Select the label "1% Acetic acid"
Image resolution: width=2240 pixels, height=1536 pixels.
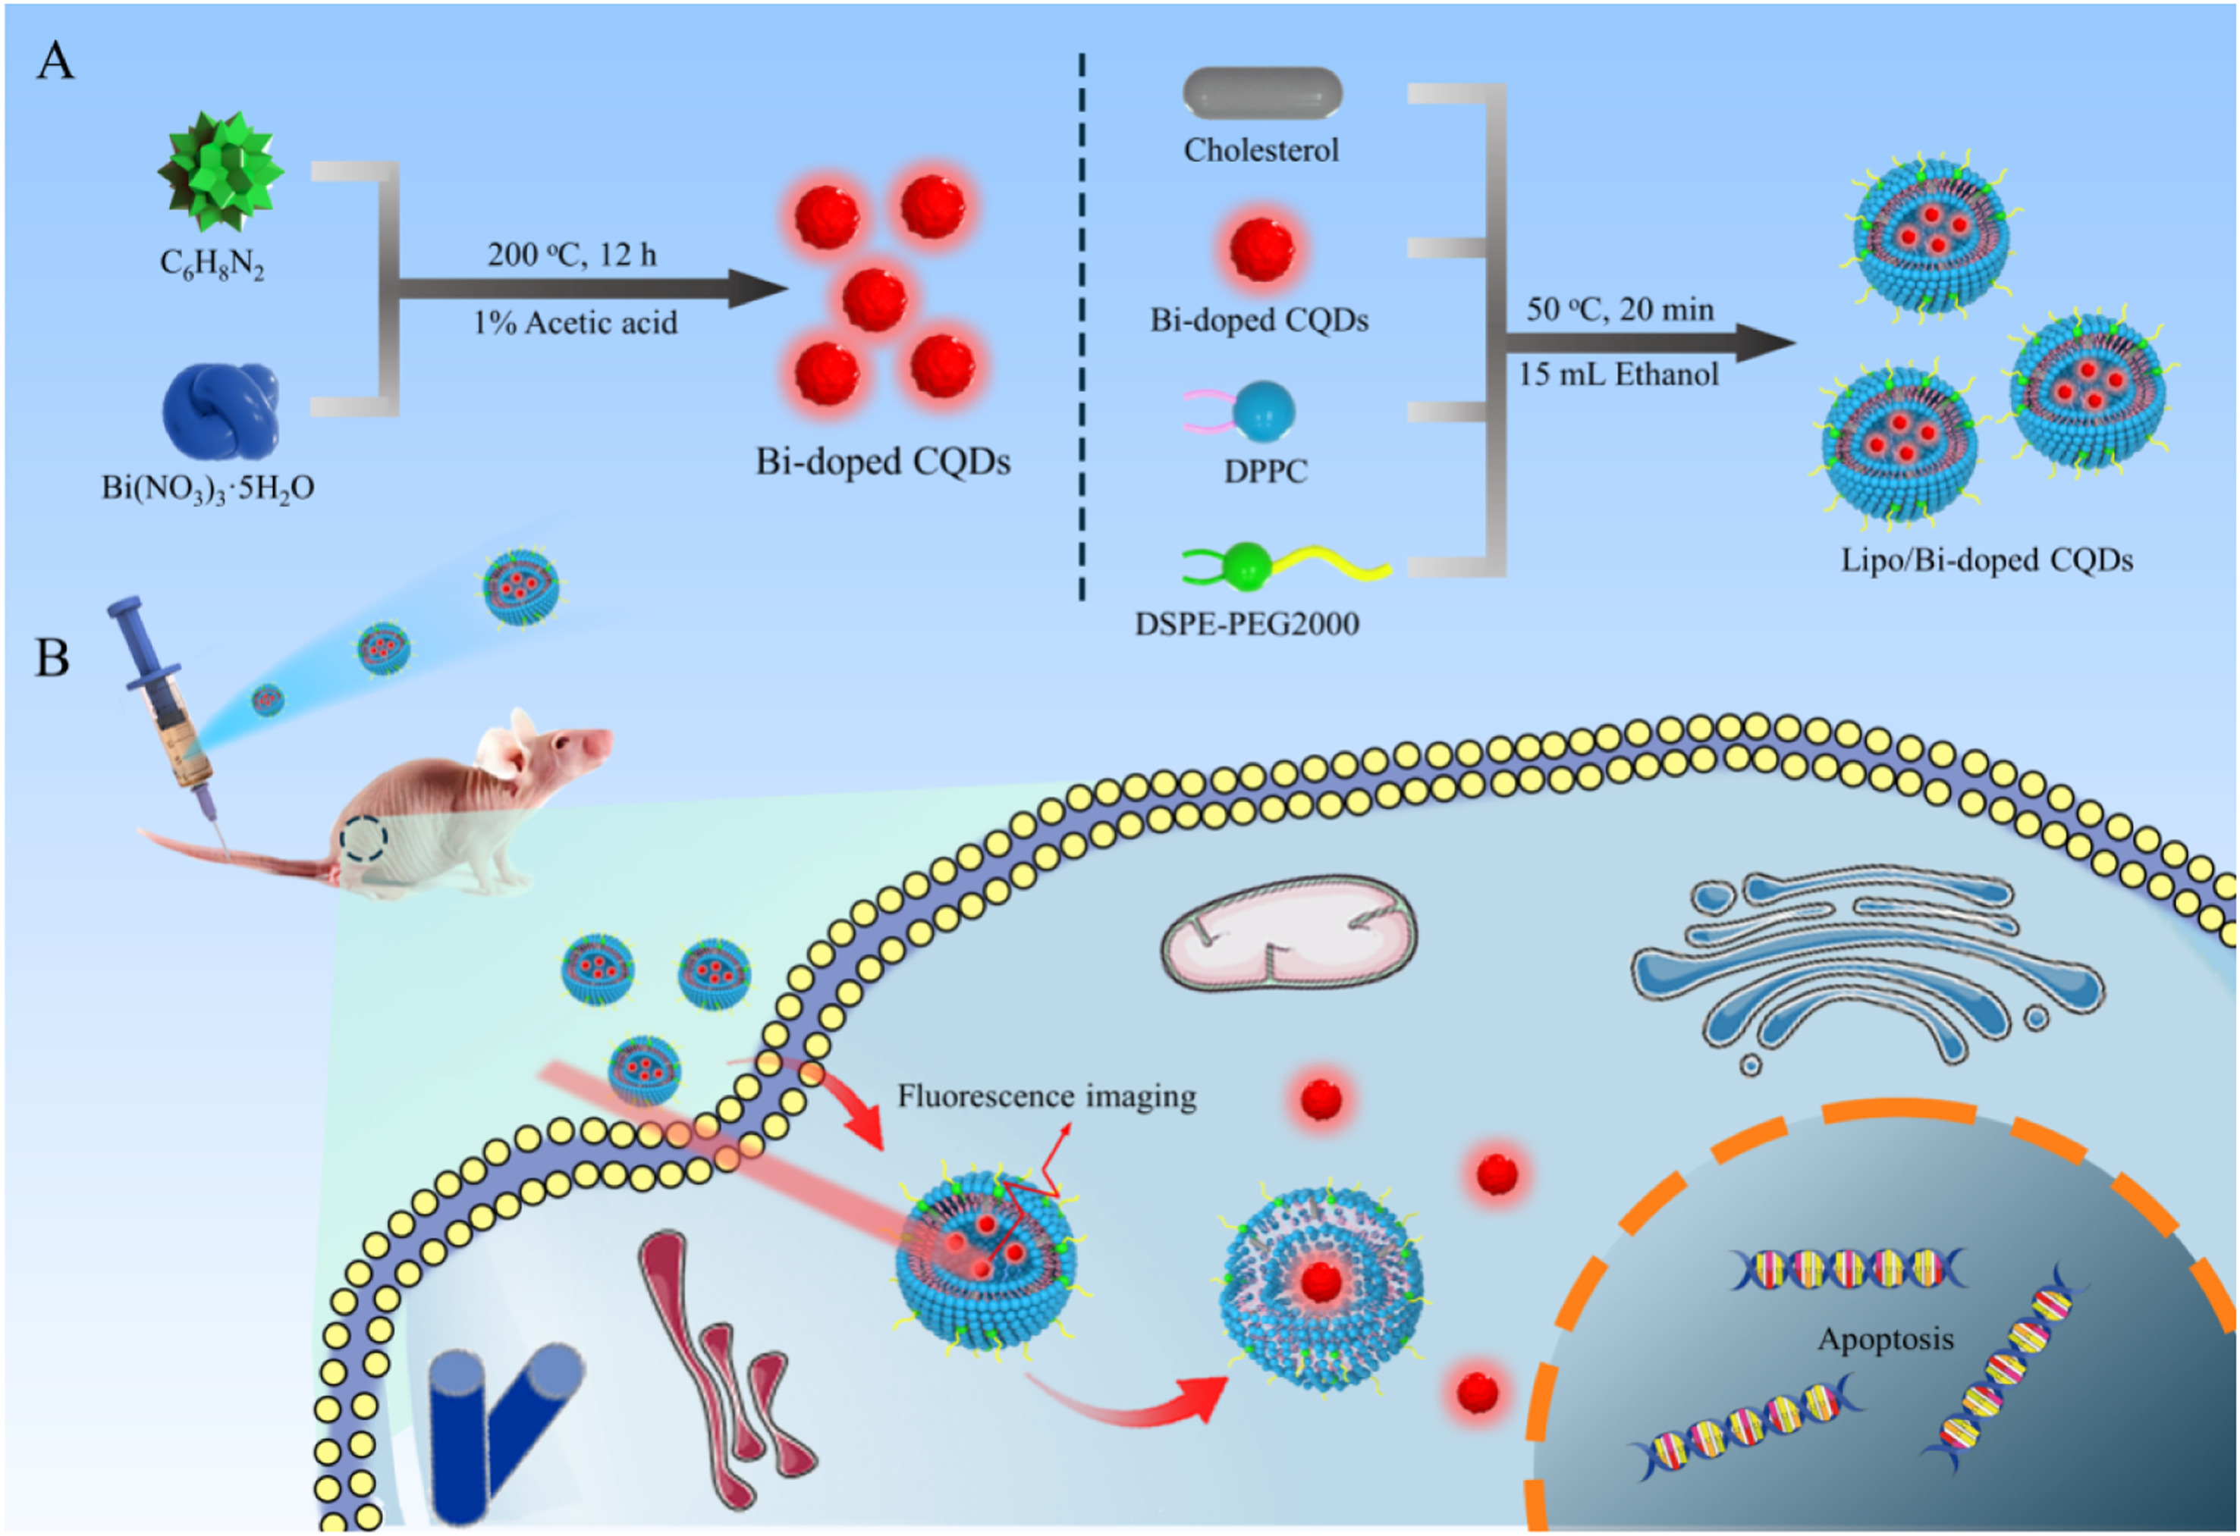coord(576,323)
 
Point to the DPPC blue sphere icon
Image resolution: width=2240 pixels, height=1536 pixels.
coord(1264,409)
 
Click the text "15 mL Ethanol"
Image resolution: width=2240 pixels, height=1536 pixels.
coord(1618,374)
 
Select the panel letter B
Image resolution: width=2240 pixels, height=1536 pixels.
coord(52,658)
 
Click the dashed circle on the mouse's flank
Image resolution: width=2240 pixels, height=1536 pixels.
coord(364,839)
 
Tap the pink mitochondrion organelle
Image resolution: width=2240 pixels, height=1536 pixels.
coord(1289,933)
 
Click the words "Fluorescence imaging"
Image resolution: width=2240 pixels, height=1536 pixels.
coord(1047,1096)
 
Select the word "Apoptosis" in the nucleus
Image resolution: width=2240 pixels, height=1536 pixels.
coord(1885,1340)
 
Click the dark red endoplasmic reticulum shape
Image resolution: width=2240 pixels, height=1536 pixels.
coord(725,1368)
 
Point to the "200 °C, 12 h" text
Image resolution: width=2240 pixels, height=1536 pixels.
coord(571,255)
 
